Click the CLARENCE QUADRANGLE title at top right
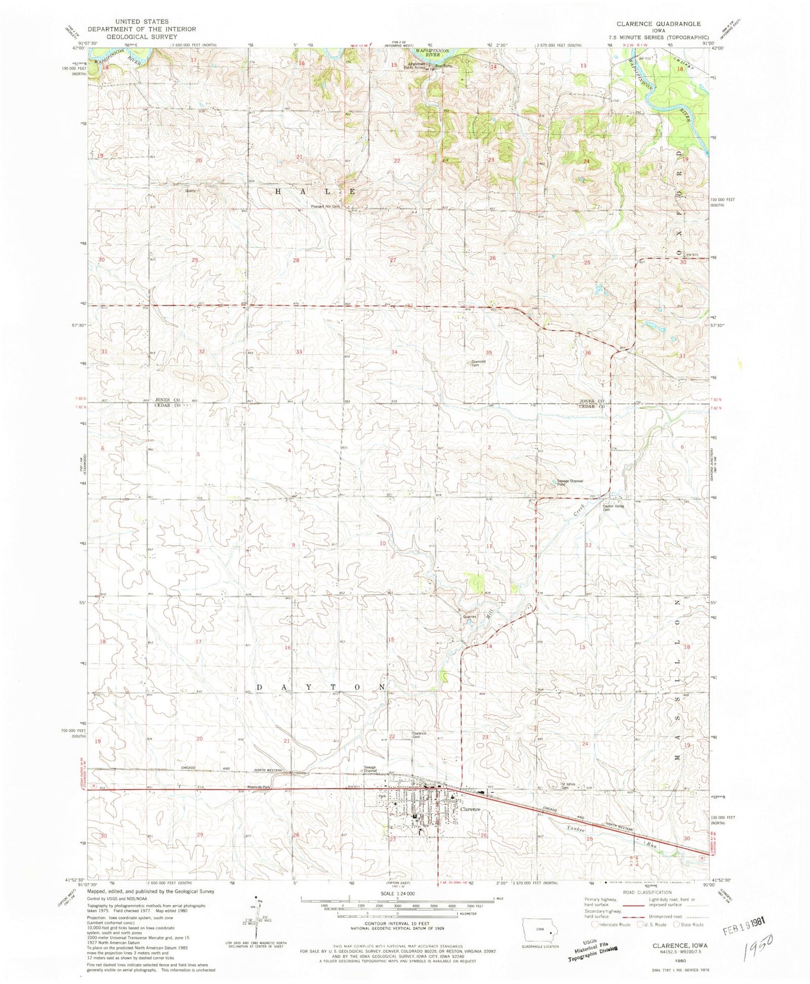[x=659, y=24]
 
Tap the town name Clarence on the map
[x=470, y=809]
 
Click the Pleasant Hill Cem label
[x=326, y=206]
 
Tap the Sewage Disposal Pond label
[x=570, y=482]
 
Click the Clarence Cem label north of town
[x=419, y=735]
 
